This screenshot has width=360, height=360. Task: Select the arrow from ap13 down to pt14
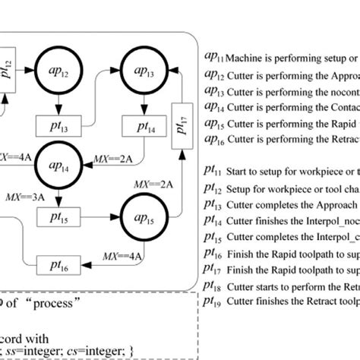point(142,103)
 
